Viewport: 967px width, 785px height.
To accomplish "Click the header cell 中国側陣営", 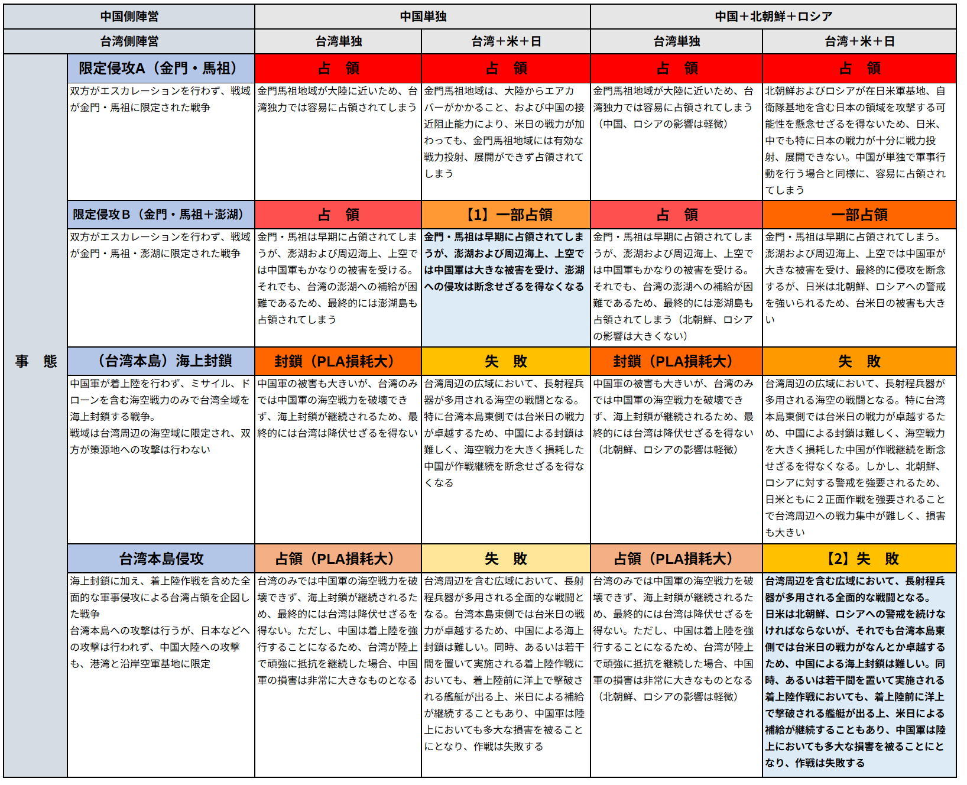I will click(x=129, y=17).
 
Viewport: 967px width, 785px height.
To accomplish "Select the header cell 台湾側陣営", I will click(x=129, y=41).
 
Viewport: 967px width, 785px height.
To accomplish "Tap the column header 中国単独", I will click(x=423, y=17).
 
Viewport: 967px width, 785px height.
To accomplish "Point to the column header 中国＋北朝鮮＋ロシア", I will click(x=773, y=17).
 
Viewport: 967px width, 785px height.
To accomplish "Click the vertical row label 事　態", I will click(x=35, y=361).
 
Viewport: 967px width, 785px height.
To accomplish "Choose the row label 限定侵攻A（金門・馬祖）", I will click(x=161, y=69).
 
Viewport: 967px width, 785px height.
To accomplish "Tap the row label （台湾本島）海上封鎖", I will click(x=161, y=361).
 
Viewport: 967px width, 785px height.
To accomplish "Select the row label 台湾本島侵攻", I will click(x=161, y=559).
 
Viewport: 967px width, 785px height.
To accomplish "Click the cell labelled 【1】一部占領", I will click(x=506, y=215).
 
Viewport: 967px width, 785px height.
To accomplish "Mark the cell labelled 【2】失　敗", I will click(x=859, y=559).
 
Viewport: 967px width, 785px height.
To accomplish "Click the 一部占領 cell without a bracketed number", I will click(x=859, y=215).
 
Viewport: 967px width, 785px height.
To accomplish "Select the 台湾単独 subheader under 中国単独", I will click(x=338, y=41).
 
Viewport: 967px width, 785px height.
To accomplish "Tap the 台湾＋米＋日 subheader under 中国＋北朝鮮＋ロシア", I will click(x=859, y=41).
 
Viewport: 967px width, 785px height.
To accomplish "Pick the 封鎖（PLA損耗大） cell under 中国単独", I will click(x=338, y=361).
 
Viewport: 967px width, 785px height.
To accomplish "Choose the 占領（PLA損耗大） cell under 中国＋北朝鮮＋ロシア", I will click(x=676, y=559).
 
